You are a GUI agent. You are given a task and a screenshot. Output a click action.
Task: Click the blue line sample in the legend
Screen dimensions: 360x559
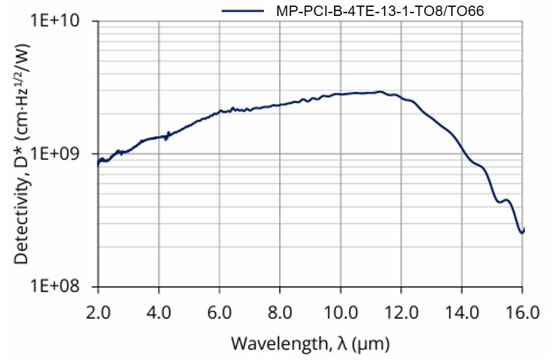[242, 10]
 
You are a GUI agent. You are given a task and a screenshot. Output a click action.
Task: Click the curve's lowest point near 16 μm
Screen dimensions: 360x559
[522, 233]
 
